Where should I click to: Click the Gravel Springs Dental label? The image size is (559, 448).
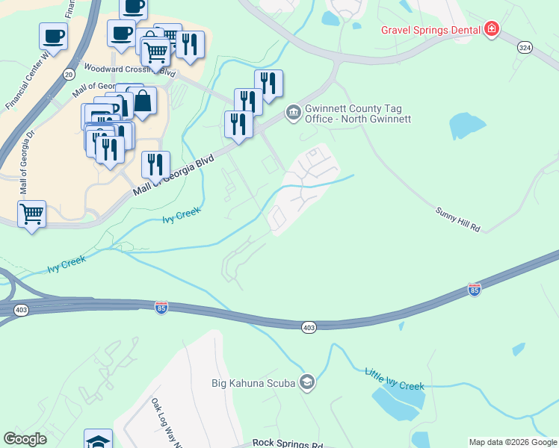(430, 30)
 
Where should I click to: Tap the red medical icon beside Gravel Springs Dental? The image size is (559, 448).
(491, 30)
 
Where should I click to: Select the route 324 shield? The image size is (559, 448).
(525, 47)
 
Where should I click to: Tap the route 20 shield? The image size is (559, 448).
(69, 75)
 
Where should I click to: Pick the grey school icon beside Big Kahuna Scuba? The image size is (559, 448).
(306, 384)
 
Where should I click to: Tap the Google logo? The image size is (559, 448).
(25, 439)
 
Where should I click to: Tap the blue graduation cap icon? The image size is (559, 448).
(98, 440)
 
